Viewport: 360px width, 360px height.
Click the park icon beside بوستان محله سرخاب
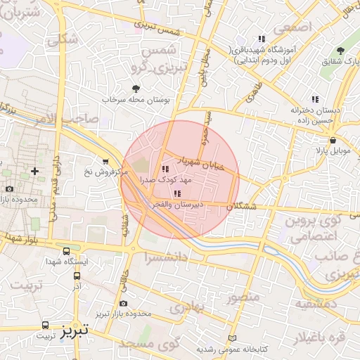(x=136, y=89)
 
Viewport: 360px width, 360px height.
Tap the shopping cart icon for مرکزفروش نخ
(x=105, y=161)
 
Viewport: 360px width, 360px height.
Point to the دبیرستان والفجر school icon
(x=176, y=193)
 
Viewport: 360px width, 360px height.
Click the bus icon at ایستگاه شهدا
(x=66, y=251)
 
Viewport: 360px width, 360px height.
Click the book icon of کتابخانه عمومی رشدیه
(x=233, y=338)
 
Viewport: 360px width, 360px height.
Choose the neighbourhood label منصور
(x=243, y=296)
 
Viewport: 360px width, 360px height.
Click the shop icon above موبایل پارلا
(x=333, y=141)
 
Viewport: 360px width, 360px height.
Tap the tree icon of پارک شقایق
(x=340, y=51)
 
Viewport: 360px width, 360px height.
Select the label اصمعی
(x=292, y=28)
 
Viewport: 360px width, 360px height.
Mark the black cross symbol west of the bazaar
(x=34, y=171)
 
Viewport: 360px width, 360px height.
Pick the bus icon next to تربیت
(x=46, y=325)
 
